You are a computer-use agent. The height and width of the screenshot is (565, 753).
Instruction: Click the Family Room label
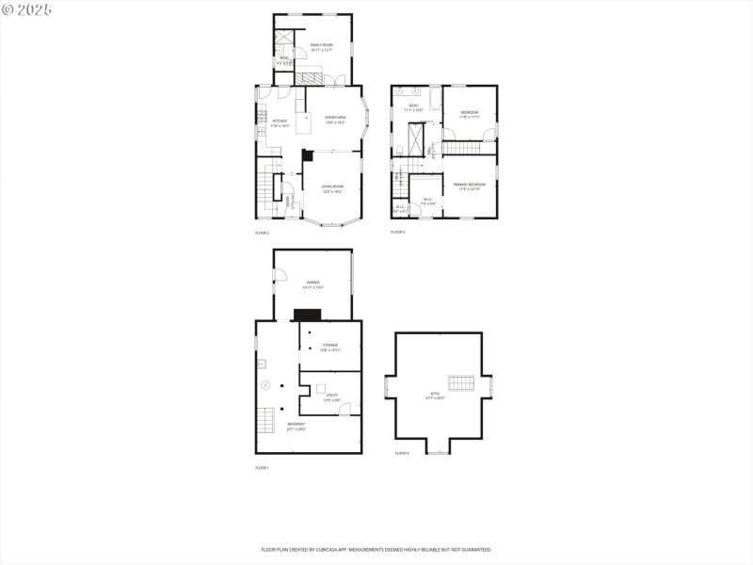pos(322,46)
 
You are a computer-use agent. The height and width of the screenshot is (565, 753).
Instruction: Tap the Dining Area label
pos(335,120)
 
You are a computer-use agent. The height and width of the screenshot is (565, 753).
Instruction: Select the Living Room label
pos(332,188)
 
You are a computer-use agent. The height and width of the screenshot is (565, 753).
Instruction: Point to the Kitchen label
pos(280,122)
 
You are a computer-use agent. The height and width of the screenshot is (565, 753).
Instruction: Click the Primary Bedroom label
pos(469,186)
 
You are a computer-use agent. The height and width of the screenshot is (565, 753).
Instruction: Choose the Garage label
pos(312,284)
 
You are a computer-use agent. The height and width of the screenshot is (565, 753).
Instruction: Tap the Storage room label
pos(329,347)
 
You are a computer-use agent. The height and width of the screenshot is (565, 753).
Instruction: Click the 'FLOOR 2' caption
pos(263,233)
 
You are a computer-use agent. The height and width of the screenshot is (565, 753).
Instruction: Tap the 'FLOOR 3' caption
pos(398,232)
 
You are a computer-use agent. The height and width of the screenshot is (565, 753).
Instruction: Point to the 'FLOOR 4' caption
pos(402,454)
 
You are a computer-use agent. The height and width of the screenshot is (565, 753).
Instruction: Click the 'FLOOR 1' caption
pos(263,468)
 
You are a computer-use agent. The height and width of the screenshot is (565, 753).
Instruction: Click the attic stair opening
pos(460,382)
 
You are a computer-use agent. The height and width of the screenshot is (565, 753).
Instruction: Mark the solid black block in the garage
pos(308,315)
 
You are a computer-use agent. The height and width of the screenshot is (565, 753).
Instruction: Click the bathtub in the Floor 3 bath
pos(435,99)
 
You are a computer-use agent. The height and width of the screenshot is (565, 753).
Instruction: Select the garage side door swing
pos(280,275)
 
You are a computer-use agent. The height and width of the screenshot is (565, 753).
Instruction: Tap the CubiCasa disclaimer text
pos(376,549)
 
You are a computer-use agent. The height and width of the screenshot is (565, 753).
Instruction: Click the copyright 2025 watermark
pos(27,9)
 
